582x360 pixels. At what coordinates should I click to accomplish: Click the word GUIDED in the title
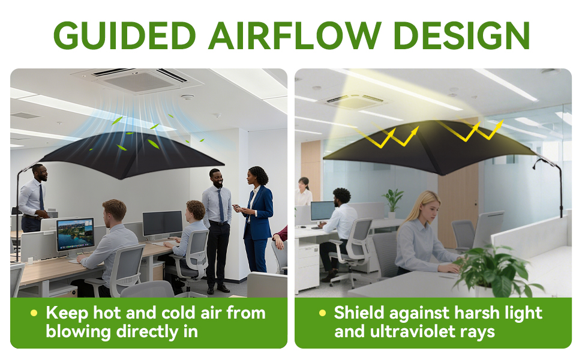point(125,35)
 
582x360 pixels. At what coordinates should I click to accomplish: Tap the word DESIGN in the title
point(462,35)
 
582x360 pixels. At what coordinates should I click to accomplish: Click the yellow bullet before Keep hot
point(34,313)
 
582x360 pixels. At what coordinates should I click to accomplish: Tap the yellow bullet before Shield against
point(322,313)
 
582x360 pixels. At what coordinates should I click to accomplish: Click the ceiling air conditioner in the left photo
point(137,80)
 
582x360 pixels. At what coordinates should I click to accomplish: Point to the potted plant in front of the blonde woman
point(496,271)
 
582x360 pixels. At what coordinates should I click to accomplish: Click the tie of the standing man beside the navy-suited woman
point(220,205)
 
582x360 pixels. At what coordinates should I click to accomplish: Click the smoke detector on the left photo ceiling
point(187,97)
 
